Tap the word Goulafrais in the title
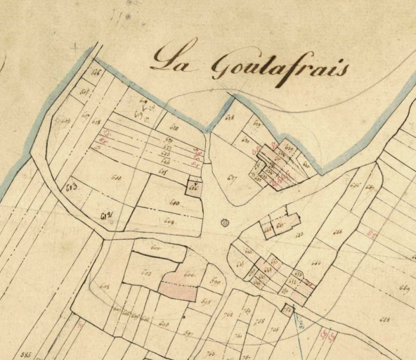(280, 67)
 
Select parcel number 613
(70, 186)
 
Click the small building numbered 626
(194, 188)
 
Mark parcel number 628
(229, 117)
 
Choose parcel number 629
(256, 124)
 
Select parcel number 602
(147, 272)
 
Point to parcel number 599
(215, 282)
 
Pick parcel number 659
(404, 288)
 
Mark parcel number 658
(384, 320)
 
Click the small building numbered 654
(287, 309)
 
